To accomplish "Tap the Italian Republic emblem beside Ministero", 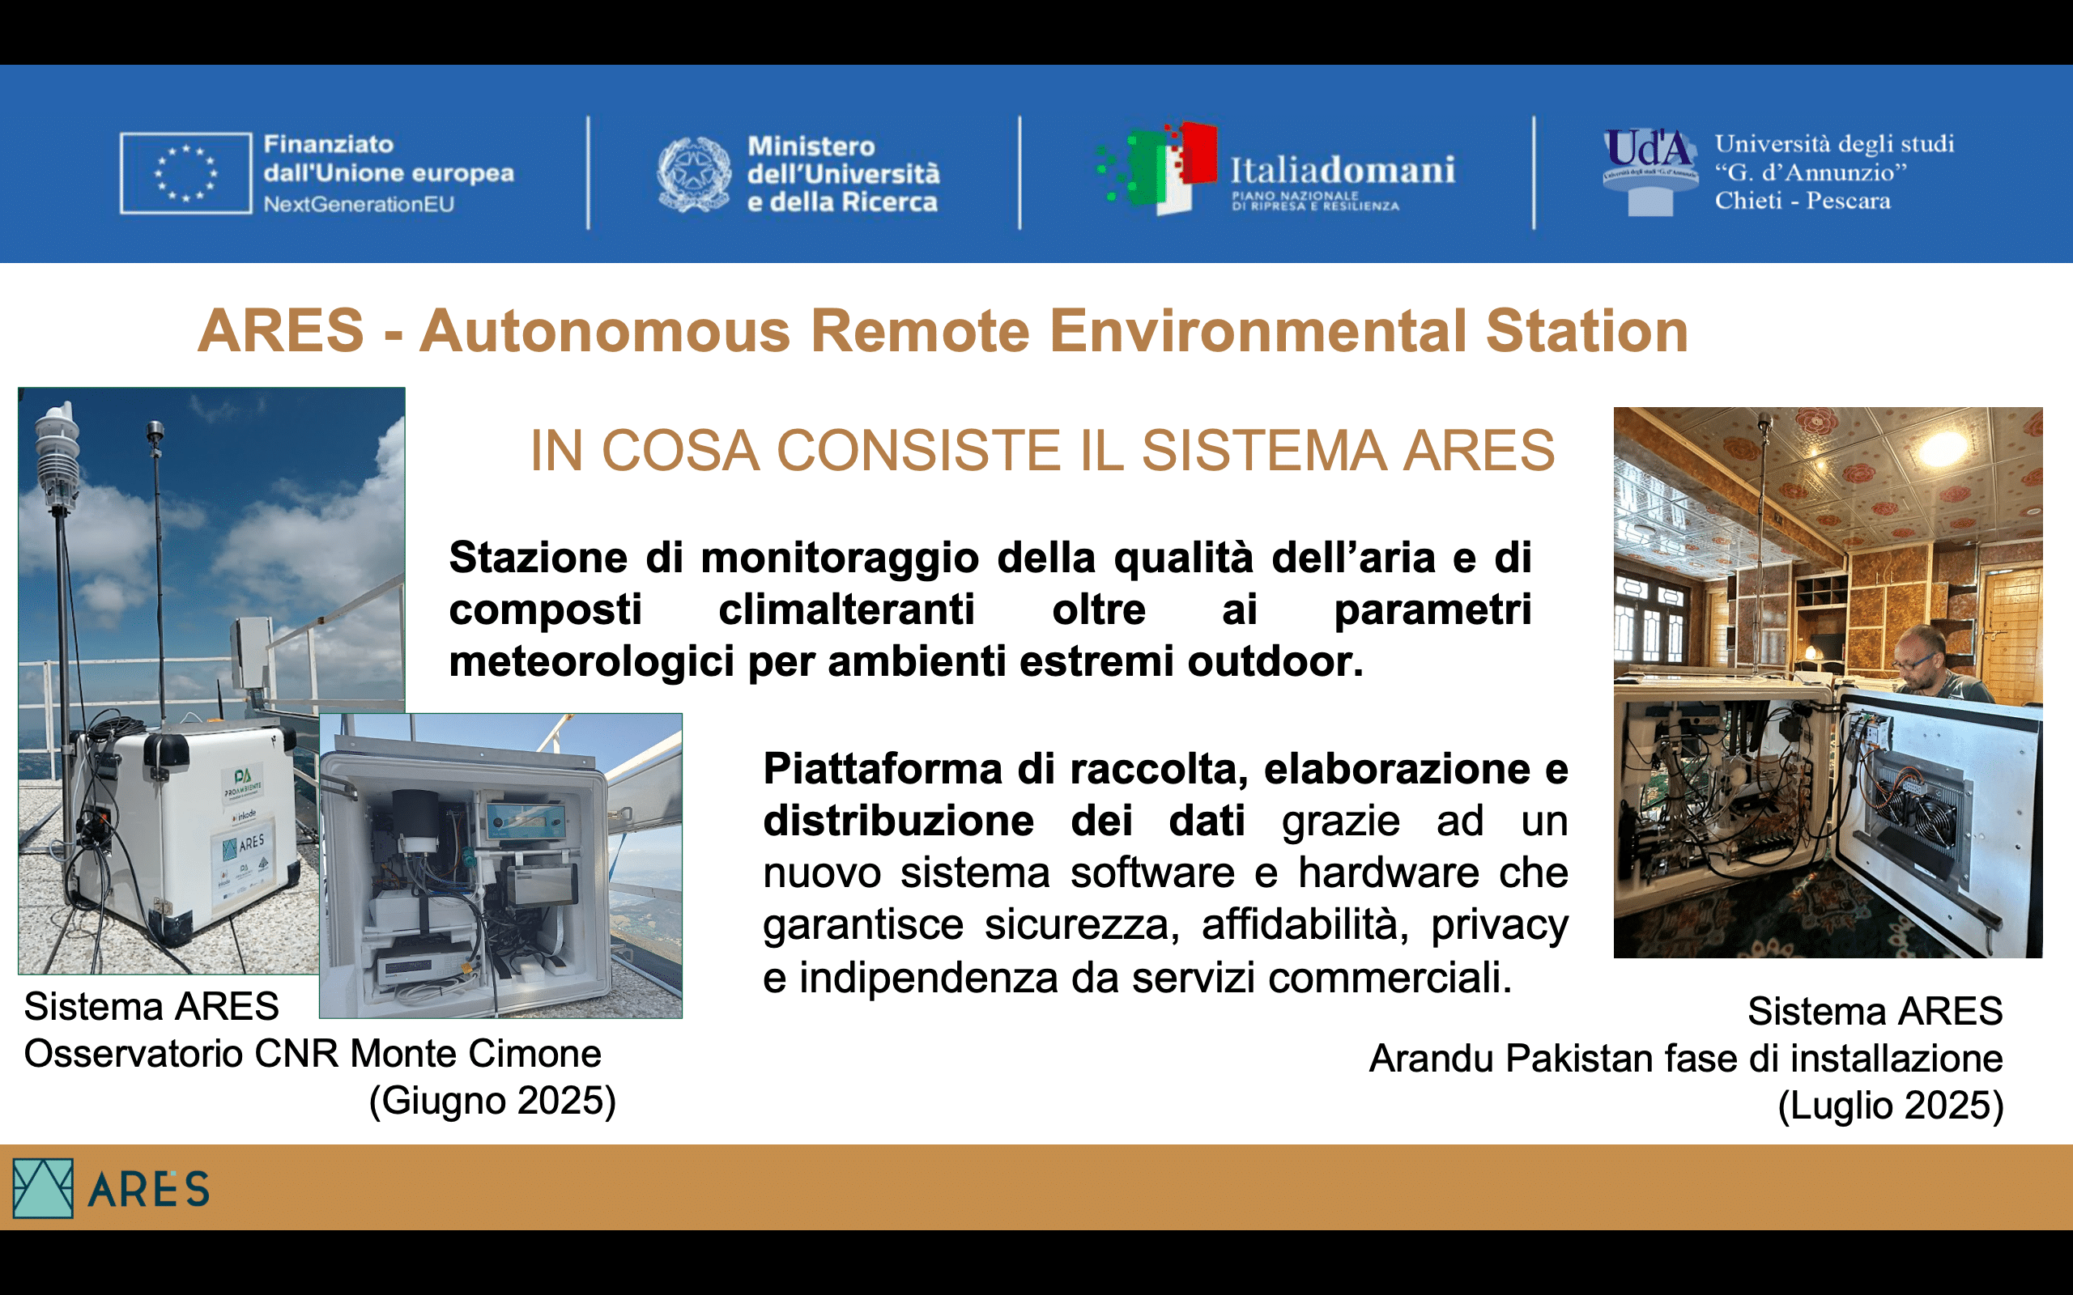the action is click(x=694, y=175).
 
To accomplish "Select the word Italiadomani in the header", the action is click(x=1343, y=170).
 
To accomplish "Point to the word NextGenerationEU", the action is click(x=359, y=205).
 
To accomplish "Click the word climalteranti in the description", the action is click(x=846, y=609).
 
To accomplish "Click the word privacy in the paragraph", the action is click(x=1500, y=926).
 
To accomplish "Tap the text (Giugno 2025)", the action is click(x=492, y=1102).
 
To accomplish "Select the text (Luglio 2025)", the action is click(x=1891, y=1106).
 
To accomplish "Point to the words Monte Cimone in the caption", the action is click(x=475, y=1055).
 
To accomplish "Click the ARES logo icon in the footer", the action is click(x=43, y=1188).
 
